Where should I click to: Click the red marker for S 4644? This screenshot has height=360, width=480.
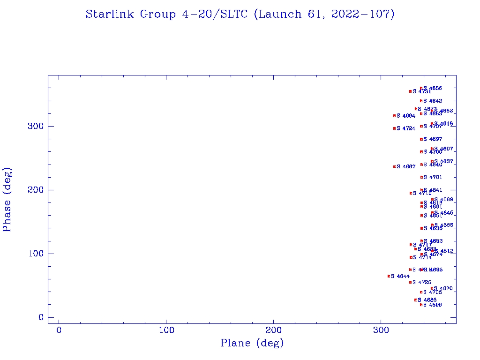point(389,276)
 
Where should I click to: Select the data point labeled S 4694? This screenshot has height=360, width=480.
point(394,115)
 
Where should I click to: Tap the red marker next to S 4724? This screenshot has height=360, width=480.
point(394,128)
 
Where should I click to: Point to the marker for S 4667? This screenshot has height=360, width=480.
point(394,166)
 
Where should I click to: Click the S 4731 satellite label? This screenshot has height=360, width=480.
point(422,91)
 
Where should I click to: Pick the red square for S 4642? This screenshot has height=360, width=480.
point(421,101)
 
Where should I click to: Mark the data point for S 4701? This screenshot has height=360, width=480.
point(421,177)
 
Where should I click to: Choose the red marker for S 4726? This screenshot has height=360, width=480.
point(410,282)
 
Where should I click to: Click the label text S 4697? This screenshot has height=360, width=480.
point(433,139)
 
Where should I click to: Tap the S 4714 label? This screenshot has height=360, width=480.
point(422,257)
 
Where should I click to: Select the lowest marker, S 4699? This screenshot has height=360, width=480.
point(421,305)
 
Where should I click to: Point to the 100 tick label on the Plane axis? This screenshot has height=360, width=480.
point(166,330)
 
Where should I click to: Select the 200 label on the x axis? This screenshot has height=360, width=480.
point(274,330)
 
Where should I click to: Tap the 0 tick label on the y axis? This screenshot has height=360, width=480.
point(41,317)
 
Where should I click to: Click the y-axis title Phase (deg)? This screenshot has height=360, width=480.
point(7,199)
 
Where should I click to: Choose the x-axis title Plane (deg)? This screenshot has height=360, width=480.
point(252,344)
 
